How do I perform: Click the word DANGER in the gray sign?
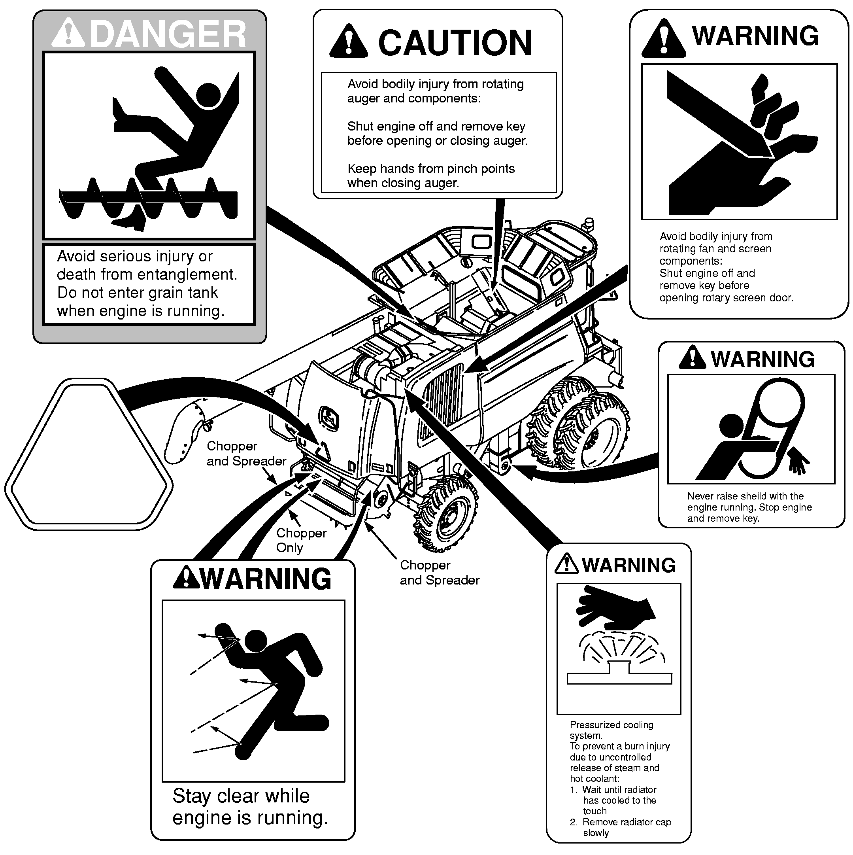168,34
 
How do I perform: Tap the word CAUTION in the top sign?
455,43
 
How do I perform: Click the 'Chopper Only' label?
301,540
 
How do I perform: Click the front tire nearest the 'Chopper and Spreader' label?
446,513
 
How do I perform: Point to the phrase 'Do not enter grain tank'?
138,293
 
